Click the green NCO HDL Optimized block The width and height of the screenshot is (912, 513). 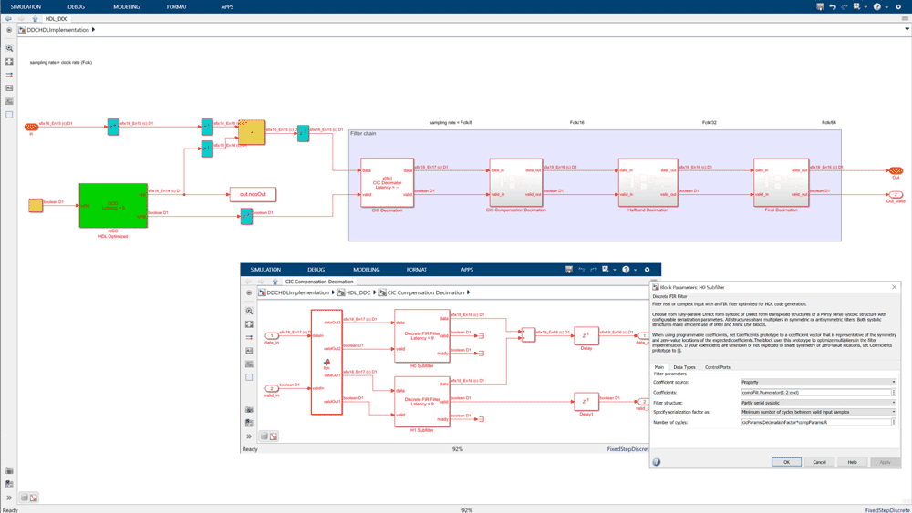[x=113, y=205]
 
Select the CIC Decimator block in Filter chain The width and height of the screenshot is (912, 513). [x=387, y=182]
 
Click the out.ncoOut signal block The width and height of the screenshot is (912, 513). [x=253, y=194]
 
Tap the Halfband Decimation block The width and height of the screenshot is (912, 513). [x=648, y=182]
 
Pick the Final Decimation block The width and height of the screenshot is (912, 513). [x=781, y=182]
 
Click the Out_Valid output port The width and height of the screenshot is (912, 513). [x=896, y=194]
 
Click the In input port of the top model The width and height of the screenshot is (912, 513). [x=32, y=127]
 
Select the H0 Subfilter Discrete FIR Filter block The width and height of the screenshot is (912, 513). [x=421, y=335]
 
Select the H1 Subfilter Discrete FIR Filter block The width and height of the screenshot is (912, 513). [x=421, y=401]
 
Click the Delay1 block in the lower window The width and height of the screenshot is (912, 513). [x=586, y=401]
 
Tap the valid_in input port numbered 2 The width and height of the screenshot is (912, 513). [x=272, y=388]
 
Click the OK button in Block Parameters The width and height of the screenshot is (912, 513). [x=786, y=462]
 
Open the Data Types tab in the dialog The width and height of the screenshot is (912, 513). [x=684, y=367]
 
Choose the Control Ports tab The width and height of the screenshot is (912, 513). [x=718, y=367]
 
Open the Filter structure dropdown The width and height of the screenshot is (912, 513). [x=817, y=402]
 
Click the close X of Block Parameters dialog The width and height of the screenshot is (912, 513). [x=894, y=287]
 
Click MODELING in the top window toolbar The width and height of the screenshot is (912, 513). [x=126, y=6]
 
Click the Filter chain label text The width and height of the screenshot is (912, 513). [x=363, y=134]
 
